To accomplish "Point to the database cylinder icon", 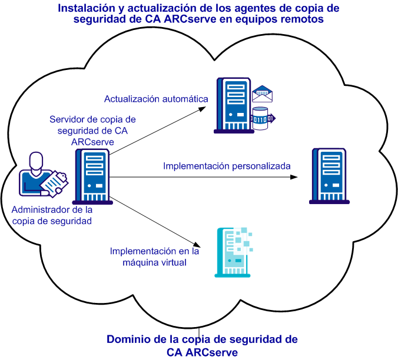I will pos(260,117).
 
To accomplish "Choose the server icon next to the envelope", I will pos(233,105).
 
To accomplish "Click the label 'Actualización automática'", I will pos(156,98).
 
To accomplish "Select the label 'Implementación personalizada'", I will pos(227,166).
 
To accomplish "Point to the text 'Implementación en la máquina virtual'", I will pos(154,256).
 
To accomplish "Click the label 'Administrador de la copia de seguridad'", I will pos(52,215).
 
